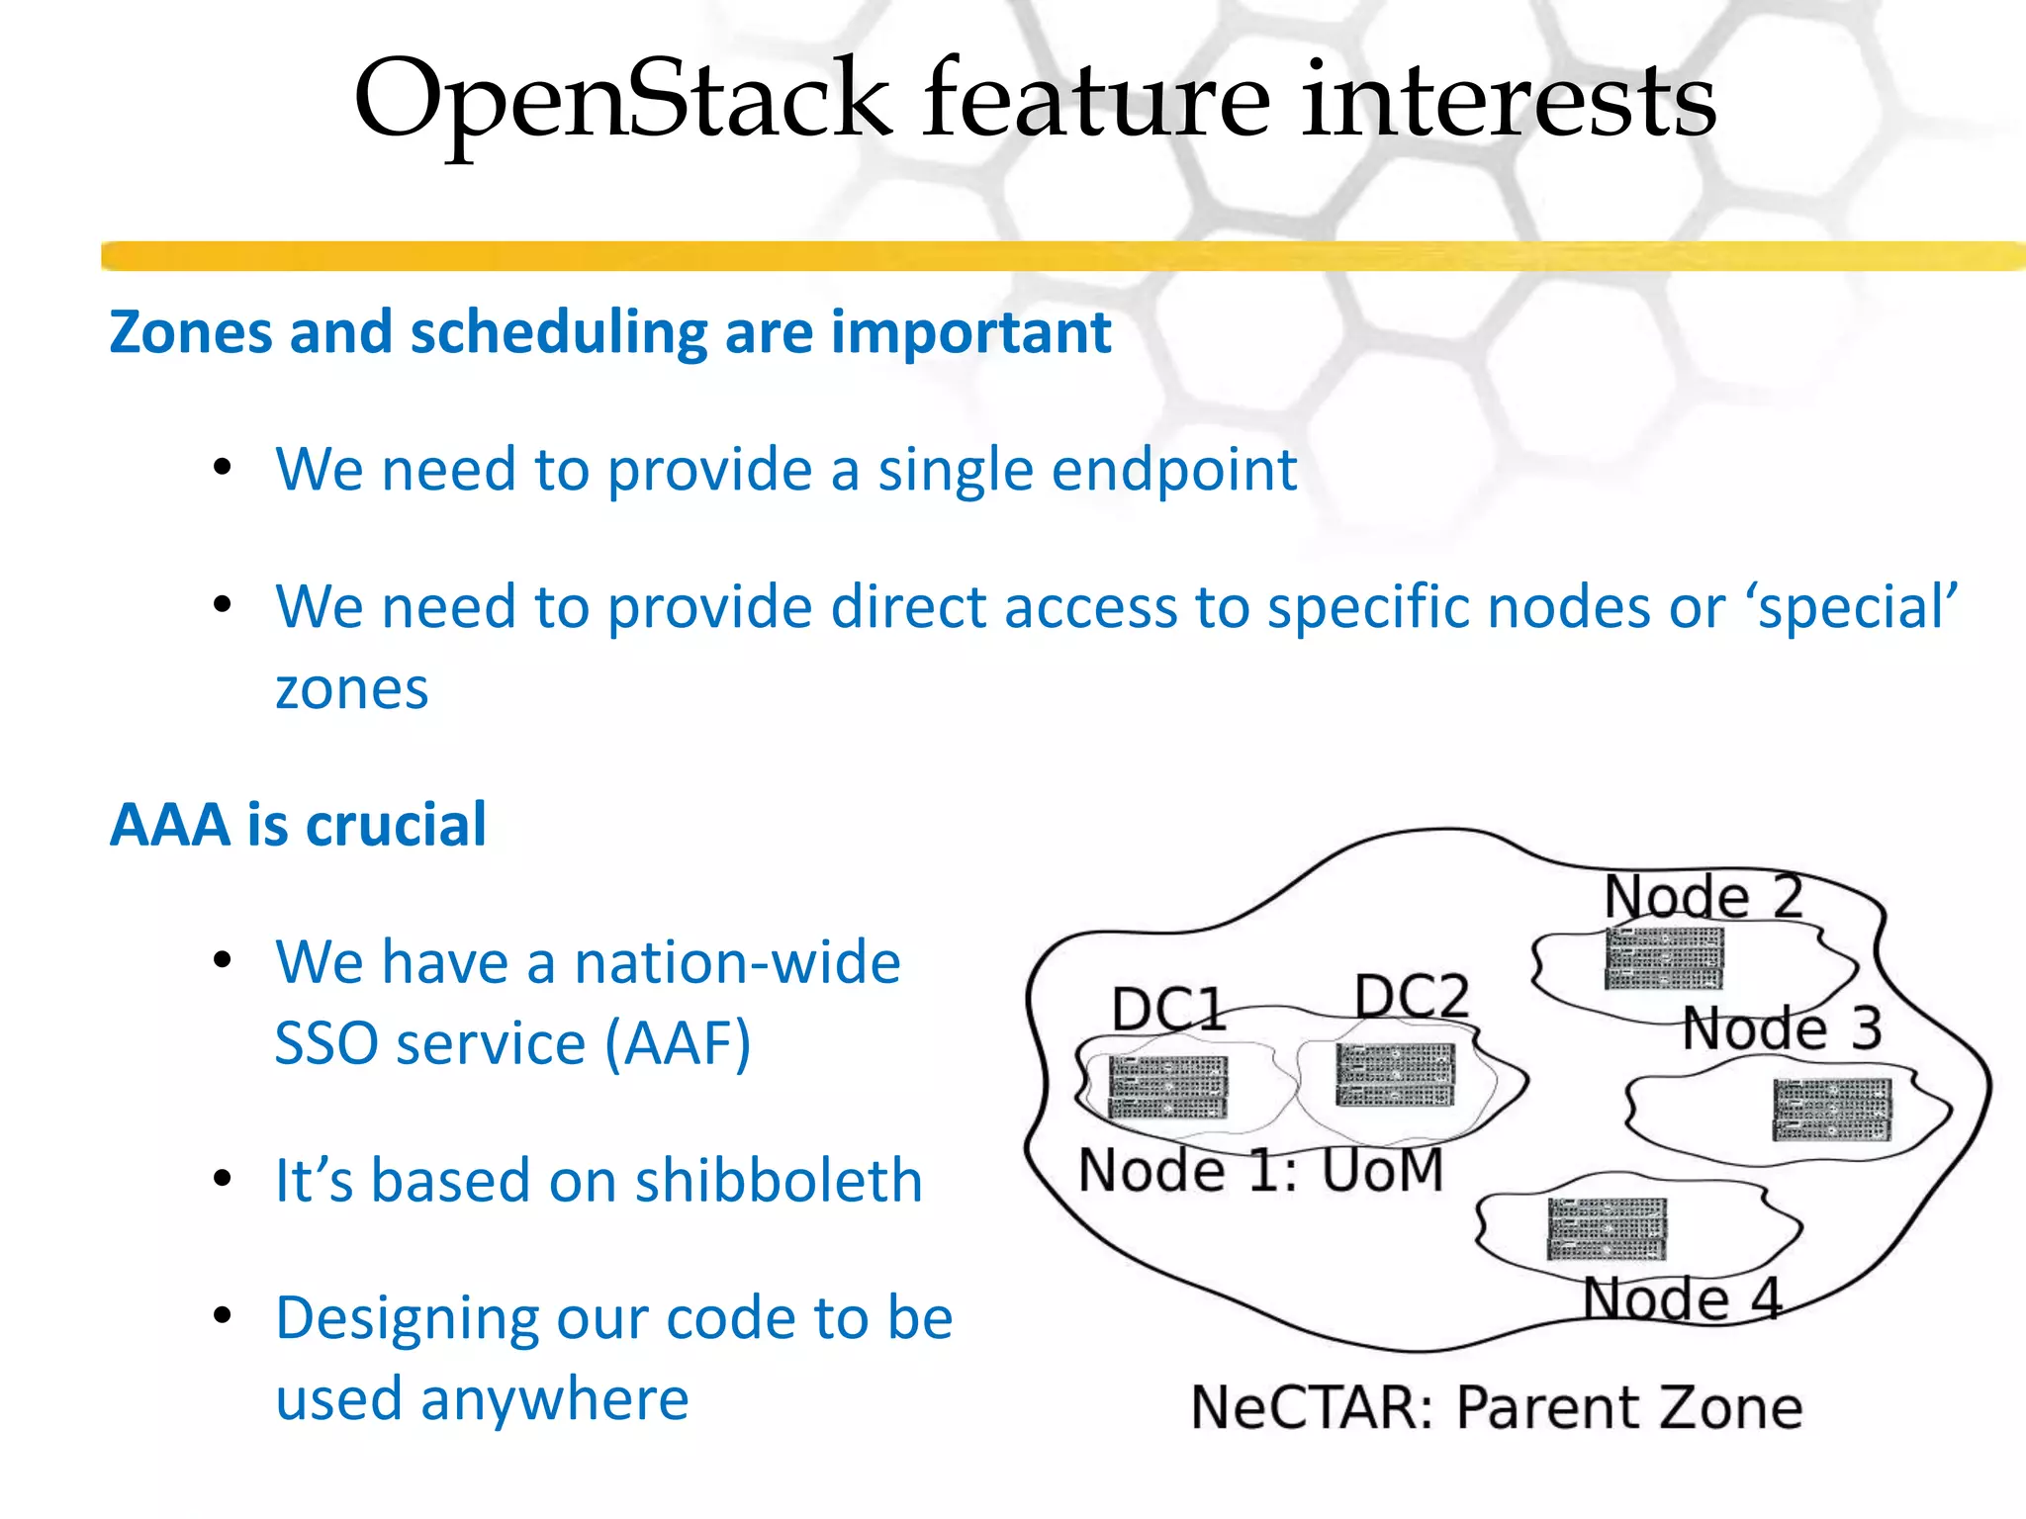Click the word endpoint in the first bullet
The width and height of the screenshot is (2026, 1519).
pos(1173,469)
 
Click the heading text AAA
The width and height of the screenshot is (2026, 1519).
pos(170,825)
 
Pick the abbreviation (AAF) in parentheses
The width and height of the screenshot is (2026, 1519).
pos(678,1044)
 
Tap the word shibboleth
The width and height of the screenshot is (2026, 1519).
pos(779,1181)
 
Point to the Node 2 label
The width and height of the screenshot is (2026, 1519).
pos(1704,896)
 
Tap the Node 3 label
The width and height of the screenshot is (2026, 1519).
pos(1781,1028)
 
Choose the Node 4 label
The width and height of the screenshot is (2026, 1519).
pos(1682,1298)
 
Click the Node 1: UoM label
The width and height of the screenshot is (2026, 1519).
pos(1260,1171)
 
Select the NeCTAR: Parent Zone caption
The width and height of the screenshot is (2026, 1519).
pos(1496,1408)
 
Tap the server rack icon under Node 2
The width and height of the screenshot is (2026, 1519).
pos(1664,957)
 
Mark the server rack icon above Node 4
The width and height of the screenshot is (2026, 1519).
pos(1607,1229)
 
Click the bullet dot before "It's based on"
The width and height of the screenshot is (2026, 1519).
pos(223,1179)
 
